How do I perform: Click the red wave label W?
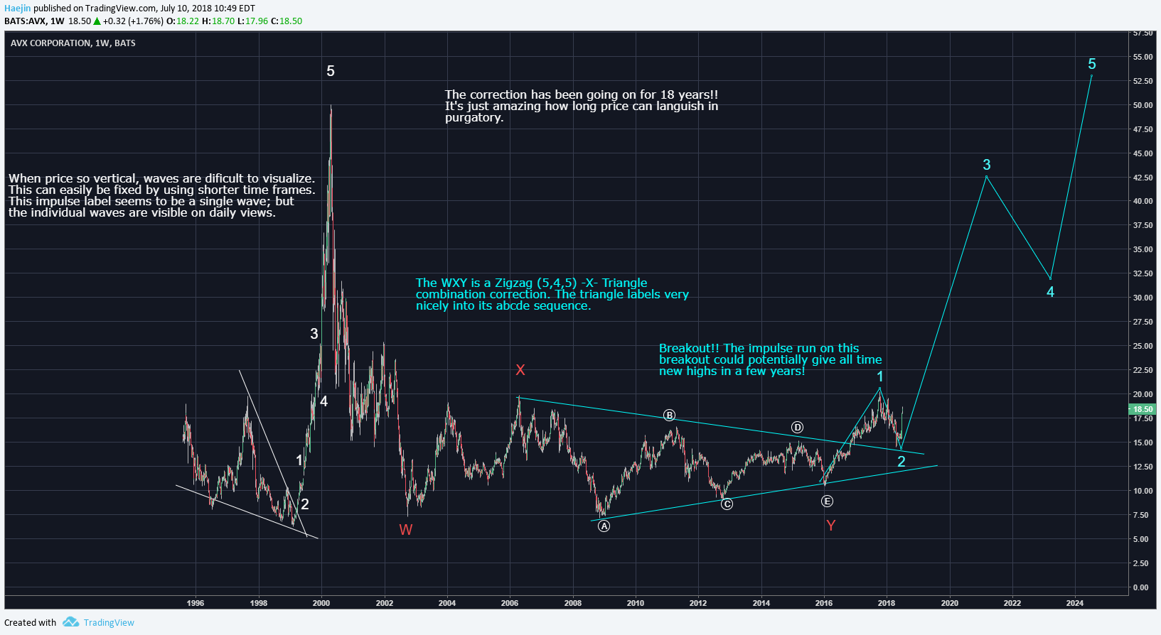coord(405,529)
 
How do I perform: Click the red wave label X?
coord(520,370)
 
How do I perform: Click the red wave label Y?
coord(830,526)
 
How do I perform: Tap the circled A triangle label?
coord(604,526)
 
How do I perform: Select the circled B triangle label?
coord(669,416)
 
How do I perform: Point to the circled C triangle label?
coord(727,504)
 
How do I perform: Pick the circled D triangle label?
coord(798,428)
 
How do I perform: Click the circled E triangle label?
coord(827,501)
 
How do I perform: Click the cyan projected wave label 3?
coord(986,165)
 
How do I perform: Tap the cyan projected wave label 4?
coord(1050,292)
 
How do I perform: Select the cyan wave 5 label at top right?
coord(1092,64)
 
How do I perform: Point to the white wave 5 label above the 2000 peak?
coord(331,71)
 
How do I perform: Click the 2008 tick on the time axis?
coord(573,603)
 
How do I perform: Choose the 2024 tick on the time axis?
coord(1075,603)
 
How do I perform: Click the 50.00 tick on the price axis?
coord(1143,105)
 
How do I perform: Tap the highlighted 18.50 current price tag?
coord(1143,409)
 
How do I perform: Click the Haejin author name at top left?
coord(18,9)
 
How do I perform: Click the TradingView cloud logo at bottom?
coord(70,622)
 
